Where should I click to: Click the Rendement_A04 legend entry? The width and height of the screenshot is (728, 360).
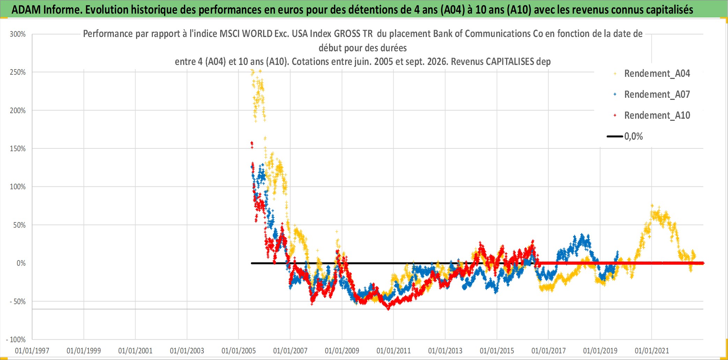pyautogui.click(x=652, y=73)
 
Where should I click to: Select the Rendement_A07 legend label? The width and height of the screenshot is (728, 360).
pyautogui.click(x=657, y=94)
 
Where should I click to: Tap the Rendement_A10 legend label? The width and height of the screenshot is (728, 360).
pyautogui.click(x=657, y=115)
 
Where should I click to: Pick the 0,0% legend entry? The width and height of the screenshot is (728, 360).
pyautogui.click(x=625, y=136)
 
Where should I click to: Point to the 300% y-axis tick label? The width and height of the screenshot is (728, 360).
pyautogui.click(x=18, y=34)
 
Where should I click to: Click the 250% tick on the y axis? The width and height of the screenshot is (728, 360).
pyautogui.click(x=18, y=72)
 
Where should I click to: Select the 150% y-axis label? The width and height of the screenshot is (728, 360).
pyautogui.click(x=18, y=149)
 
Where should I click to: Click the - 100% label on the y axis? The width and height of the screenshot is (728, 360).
pyautogui.click(x=16, y=340)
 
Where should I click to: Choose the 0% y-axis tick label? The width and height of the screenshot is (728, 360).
pyautogui.click(x=21, y=263)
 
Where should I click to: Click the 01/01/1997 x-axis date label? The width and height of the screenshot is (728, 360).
pyautogui.click(x=32, y=351)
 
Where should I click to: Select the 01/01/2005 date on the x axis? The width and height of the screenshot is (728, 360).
pyautogui.click(x=239, y=351)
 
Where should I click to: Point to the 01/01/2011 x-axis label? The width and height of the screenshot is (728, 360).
pyautogui.click(x=394, y=351)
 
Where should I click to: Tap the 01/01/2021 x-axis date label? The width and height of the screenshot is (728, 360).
pyautogui.click(x=652, y=351)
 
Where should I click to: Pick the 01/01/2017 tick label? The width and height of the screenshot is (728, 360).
pyautogui.click(x=549, y=351)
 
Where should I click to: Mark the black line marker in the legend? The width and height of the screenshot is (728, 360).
pyautogui.click(x=615, y=136)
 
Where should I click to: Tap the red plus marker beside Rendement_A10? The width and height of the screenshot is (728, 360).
pyautogui.click(x=615, y=115)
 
